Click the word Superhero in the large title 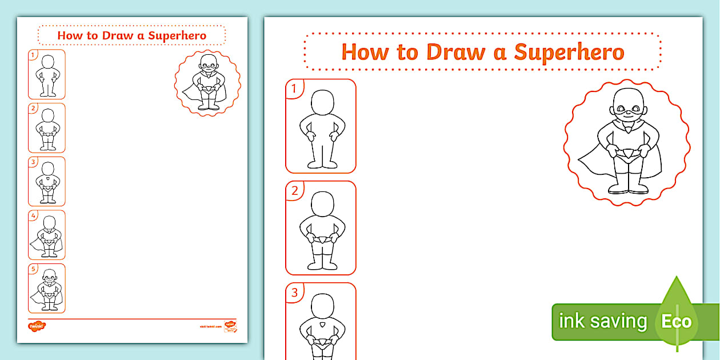pyautogui.click(x=569, y=52)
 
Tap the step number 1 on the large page pyautogui.click(x=294, y=89)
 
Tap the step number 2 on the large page pyautogui.click(x=294, y=190)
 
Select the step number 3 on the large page pyautogui.click(x=294, y=293)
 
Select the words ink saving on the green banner pyautogui.click(x=602, y=321)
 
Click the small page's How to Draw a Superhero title pyautogui.click(x=132, y=35)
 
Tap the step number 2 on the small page pyautogui.click(x=33, y=108)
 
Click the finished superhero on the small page pyautogui.click(x=207, y=82)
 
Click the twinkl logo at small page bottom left pyautogui.click(x=37, y=326)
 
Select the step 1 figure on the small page pyautogui.click(x=47, y=75)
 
